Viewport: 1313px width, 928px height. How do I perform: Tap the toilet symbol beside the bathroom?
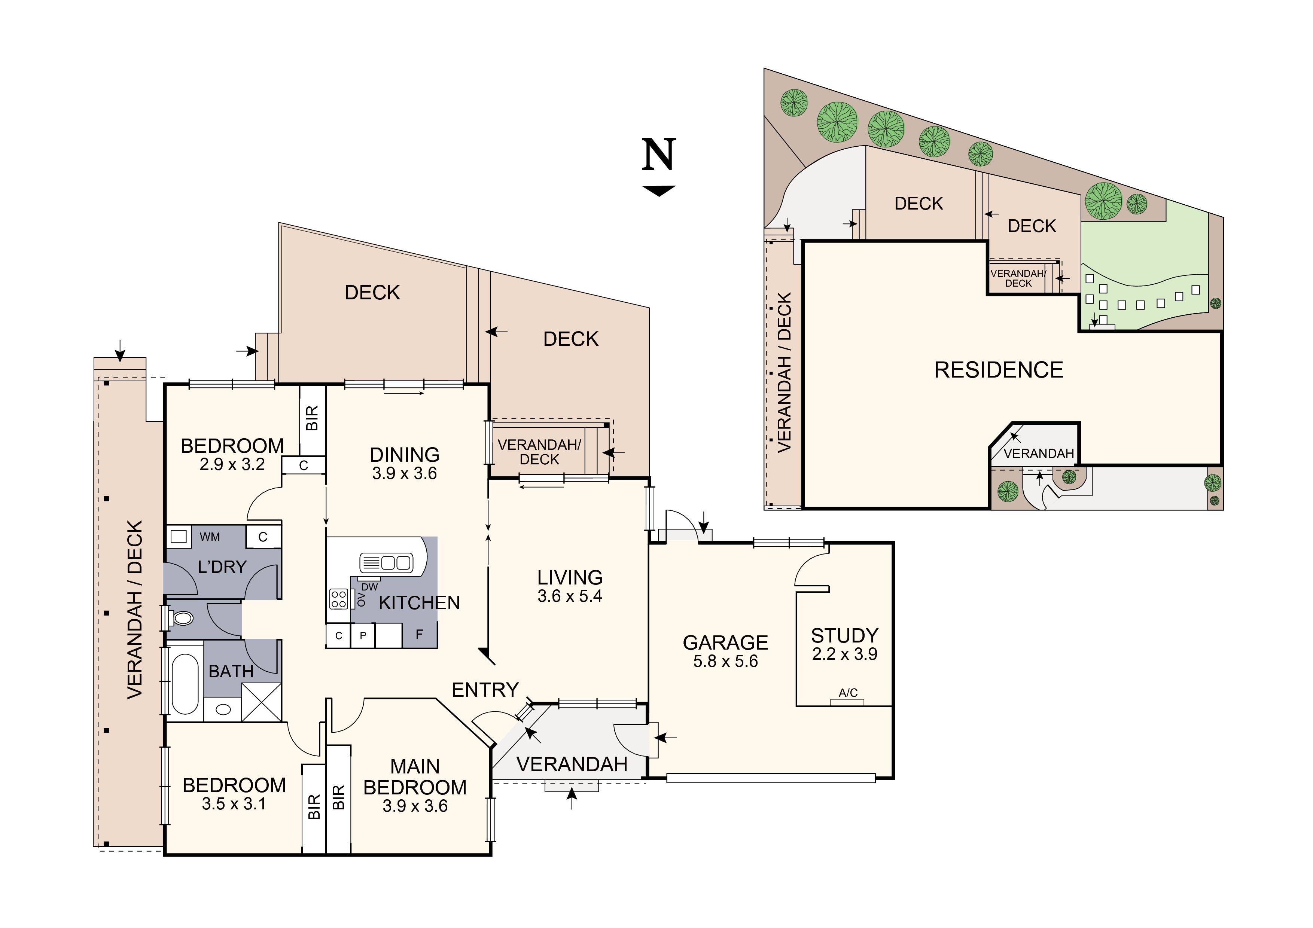click(x=183, y=618)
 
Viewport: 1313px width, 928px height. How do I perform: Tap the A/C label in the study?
click(x=847, y=693)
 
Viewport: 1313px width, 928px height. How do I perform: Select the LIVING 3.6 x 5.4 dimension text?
click(x=570, y=596)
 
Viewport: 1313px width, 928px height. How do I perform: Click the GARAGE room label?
click(x=725, y=643)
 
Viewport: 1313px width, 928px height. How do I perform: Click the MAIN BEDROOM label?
click(x=415, y=777)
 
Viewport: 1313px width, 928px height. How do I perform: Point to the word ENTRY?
click(x=485, y=690)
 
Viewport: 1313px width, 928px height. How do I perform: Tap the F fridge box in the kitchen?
click(x=419, y=635)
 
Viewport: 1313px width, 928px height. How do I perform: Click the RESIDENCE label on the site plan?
click(x=999, y=370)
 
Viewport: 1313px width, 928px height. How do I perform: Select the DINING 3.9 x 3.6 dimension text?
click(x=404, y=473)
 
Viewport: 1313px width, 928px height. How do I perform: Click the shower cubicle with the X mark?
click(x=261, y=702)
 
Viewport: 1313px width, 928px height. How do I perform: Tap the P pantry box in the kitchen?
click(x=363, y=635)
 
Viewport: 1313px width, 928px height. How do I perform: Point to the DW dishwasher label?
click(x=369, y=587)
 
